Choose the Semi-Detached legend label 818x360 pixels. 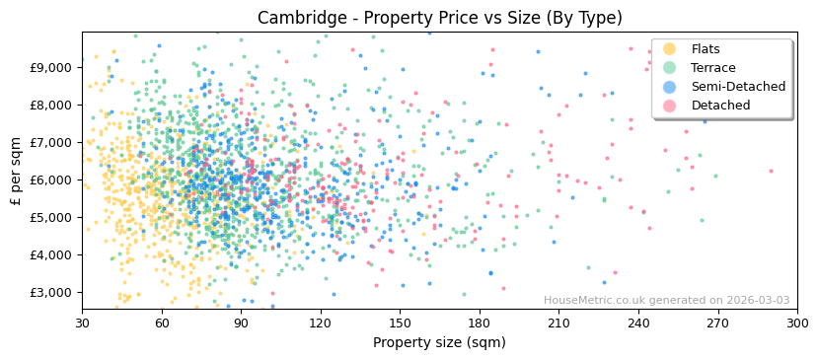(x=738, y=87)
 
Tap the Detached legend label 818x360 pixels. (x=720, y=106)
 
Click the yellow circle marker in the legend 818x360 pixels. (x=670, y=49)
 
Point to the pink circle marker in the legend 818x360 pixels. (x=670, y=106)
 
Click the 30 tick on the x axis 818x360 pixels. (x=82, y=323)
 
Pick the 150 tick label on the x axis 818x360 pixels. (x=400, y=323)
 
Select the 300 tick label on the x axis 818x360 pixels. (x=796, y=323)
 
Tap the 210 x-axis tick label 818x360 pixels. (x=558, y=323)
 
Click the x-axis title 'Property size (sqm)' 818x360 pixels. (x=439, y=343)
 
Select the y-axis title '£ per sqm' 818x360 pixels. (x=16, y=171)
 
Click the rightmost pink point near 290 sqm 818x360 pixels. (x=772, y=171)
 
